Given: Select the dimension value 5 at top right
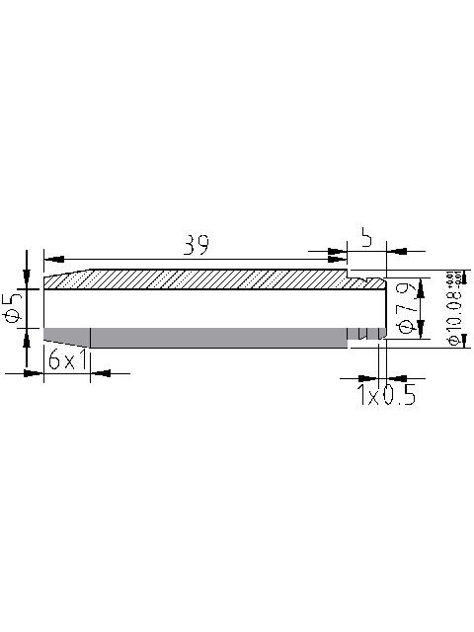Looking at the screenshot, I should tap(365, 238).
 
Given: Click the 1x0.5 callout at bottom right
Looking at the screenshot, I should tap(385, 396).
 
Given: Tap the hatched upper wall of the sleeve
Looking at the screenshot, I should tap(197, 279).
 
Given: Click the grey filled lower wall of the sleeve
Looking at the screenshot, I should tap(197, 337).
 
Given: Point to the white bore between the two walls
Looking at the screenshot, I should tap(197, 308).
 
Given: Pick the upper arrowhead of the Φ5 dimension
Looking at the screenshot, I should tap(25, 279).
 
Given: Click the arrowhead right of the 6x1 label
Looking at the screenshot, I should tap(100, 372).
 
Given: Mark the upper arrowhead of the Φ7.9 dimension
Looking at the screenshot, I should tap(422, 284).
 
